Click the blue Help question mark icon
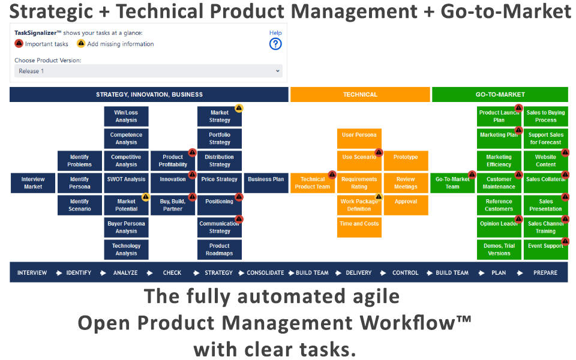click(x=275, y=44)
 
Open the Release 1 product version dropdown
click(x=148, y=71)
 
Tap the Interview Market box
click(x=33, y=183)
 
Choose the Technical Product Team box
click(x=312, y=183)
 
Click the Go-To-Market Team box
click(x=452, y=183)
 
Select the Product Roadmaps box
click(x=220, y=250)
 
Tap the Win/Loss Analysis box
click(x=126, y=116)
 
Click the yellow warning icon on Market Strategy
click(x=239, y=109)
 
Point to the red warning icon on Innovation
click(x=192, y=175)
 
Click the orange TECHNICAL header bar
click(x=360, y=94)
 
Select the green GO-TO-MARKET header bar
click(x=500, y=94)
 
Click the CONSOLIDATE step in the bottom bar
click(x=265, y=272)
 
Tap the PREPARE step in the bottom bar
click(x=545, y=272)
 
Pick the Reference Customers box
click(x=499, y=205)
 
